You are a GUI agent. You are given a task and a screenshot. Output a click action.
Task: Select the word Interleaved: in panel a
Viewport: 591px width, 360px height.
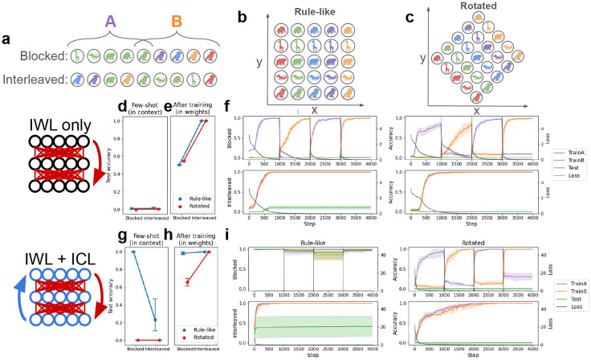(34, 80)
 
